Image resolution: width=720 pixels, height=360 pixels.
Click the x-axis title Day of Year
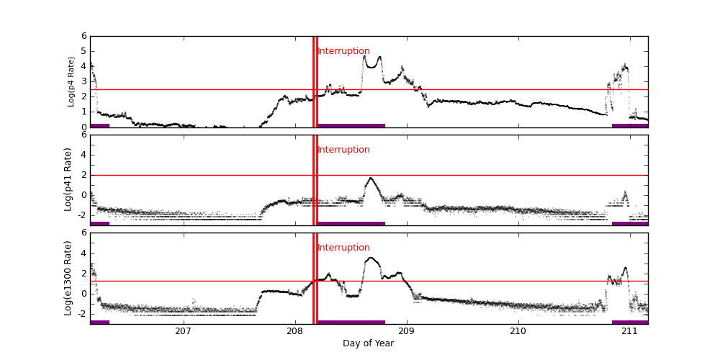(x=368, y=343)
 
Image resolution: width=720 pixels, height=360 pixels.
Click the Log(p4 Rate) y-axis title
(x=71, y=81)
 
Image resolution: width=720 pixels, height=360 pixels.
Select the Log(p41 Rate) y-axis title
(x=68, y=179)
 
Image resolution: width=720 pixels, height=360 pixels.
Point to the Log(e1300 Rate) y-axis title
(x=68, y=278)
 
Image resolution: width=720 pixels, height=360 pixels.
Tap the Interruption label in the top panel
(x=343, y=51)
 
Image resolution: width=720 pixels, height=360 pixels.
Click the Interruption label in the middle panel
(x=343, y=150)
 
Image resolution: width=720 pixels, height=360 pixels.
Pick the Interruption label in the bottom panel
(x=343, y=248)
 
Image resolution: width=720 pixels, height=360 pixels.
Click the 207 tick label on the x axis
(x=183, y=330)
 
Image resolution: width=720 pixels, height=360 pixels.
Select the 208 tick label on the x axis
(x=294, y=330)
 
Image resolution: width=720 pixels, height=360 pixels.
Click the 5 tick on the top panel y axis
(x=84, y=51)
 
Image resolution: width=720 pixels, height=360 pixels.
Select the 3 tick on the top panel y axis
(x=84, y=81)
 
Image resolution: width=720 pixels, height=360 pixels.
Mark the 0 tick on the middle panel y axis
(x=84, y=195)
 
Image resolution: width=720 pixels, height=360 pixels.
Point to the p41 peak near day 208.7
(x=371, y=178)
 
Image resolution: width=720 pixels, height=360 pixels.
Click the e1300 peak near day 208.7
(x=371, y=258)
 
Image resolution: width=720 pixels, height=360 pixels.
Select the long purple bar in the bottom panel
(x=351, y=322)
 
